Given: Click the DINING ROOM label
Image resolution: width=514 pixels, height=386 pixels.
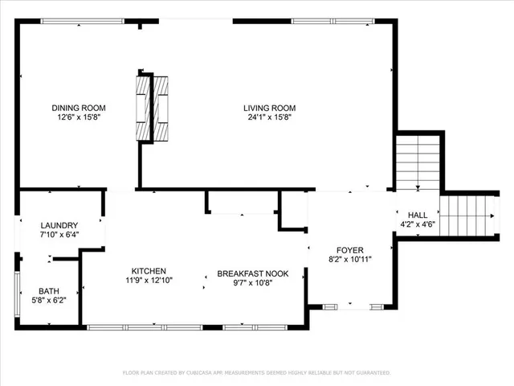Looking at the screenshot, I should pos(79,108).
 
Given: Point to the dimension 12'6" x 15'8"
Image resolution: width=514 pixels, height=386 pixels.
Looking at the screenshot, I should pos(79,117).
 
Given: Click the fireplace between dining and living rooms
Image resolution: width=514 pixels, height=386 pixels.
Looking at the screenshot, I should pos(153,108).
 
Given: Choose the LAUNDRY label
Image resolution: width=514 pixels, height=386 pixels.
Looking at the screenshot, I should pos(59,225).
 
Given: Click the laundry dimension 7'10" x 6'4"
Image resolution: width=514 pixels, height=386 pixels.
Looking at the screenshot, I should pos(59,235).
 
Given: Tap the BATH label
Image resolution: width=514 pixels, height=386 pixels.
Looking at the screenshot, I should pos(49,291).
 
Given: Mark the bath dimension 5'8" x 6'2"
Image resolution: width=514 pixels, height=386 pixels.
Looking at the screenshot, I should pos(49,301).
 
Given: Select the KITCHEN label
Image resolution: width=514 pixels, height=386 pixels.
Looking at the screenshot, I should pos(149,271).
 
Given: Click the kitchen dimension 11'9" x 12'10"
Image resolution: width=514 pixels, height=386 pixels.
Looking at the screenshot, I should pos(149,281).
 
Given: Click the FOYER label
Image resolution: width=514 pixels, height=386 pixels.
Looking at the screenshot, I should pos(348,249).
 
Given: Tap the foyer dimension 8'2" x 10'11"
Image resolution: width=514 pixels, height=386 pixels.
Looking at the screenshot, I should pos(348,259).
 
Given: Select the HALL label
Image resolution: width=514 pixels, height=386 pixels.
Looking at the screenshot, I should pos(418,215).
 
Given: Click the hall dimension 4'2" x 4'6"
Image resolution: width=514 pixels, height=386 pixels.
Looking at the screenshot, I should pos(418,224).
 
